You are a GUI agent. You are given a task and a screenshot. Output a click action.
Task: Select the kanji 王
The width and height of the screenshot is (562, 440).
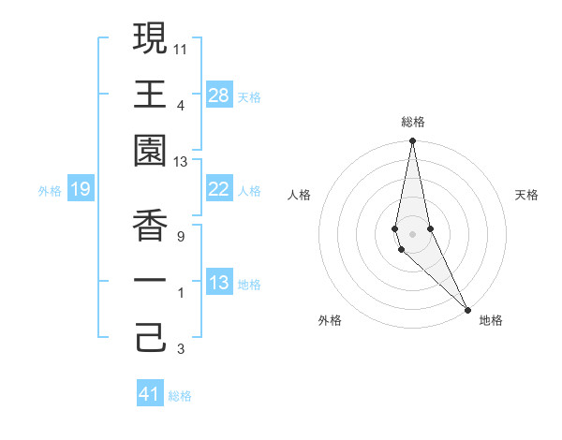click(150, 94)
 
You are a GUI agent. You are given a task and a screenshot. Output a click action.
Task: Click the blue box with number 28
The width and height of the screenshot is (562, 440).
click(219, 95)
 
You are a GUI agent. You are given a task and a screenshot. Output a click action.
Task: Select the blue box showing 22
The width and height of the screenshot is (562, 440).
click(219, 190)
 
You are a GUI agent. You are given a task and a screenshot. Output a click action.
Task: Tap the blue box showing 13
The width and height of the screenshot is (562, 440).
click(219, 284)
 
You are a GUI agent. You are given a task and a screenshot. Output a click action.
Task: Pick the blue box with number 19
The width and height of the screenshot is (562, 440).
click(81, 190)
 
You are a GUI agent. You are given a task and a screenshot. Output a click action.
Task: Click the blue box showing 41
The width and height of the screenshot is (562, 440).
click(150, 394)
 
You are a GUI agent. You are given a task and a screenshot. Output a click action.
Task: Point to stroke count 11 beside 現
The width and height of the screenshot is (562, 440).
click(181, 48)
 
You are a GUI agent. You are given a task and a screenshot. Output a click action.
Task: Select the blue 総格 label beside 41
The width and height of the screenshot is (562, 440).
click(180, 396)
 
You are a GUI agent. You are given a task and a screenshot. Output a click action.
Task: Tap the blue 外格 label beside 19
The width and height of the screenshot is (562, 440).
click(50, 191)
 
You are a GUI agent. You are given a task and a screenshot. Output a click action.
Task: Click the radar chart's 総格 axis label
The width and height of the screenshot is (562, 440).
click(412, 122)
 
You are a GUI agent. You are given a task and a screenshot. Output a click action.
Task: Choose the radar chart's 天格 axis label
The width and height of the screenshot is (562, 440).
click(526, 195)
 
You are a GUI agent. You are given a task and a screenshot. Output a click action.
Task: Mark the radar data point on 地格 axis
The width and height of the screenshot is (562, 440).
click(467, 309)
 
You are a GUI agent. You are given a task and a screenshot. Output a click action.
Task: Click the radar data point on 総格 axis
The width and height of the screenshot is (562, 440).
click(412, 142)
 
